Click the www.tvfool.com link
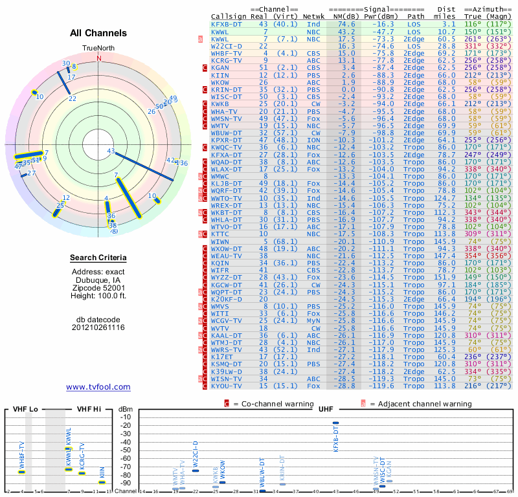point(98,387)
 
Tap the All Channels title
point(98,34)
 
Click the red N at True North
point(98,57)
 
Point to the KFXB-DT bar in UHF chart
point(335,423)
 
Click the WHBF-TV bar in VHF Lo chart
point(21,472)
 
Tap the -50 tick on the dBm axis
point(125,450)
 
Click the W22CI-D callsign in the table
point(226,46)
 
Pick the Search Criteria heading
point(98,258)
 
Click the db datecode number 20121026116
point(98,327)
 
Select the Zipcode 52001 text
point(98,288)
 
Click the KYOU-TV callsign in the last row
point(227,386)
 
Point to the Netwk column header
point(313,16)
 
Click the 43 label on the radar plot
point(111,151)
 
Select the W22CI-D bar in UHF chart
point(196,470)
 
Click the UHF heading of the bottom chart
point(326,410)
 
